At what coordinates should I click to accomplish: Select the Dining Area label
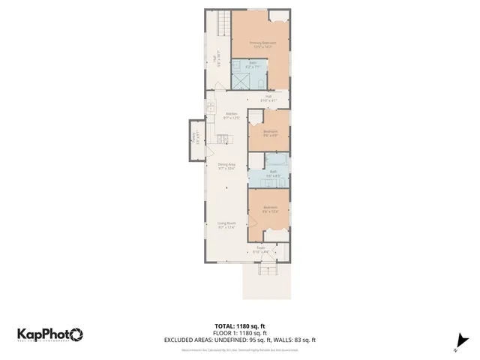click(x=226, y=164)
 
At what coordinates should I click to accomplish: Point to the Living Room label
click(x=226, y=223)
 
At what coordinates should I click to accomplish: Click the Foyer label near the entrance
click(x=260, y=247)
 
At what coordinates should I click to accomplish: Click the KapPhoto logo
click(x=49, y=334)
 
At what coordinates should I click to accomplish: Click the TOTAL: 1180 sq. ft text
click(x=239, y=325)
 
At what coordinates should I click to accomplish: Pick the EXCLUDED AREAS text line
click(x=239, y=340)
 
